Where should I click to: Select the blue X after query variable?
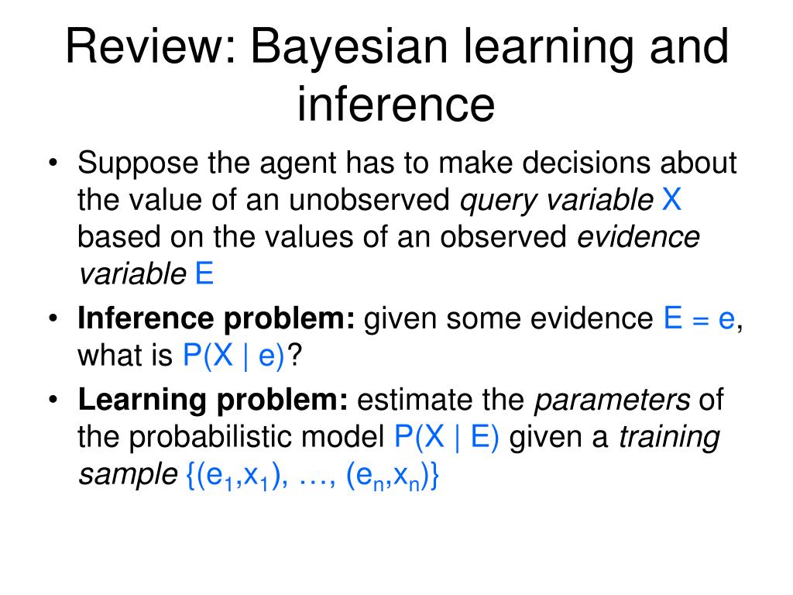(671, 201)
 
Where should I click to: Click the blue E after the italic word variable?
(204, 275)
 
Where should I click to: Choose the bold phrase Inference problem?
(216, 319)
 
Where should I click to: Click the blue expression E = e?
(699, 319)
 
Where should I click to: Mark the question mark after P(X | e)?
(294, 356)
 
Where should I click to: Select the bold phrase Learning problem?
(213, 400)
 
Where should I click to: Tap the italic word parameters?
(613, 400)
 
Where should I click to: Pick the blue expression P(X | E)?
(447, 438)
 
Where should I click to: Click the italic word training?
(669, 438)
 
